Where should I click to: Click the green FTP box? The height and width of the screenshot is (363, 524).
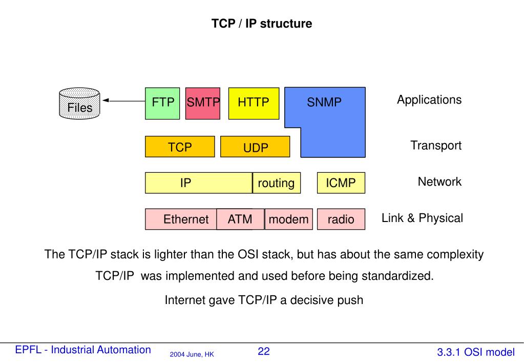(x=162, y=103)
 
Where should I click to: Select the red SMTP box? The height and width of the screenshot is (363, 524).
(x=203, y=103)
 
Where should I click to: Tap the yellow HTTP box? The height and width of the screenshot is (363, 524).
(x=253, y=103)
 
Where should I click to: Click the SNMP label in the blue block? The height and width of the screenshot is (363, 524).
(x=324, y=103)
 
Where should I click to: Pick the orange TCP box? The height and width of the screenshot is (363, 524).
(x=180, y=147)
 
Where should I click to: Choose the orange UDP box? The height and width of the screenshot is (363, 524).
(x=256, y=148)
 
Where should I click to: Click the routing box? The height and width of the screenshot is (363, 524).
(x=276, y=183)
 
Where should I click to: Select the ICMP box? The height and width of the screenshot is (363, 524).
(x=341, y=183)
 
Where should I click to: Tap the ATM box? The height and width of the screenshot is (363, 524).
(x=240, y=219)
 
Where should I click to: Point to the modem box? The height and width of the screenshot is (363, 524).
(x=289, y=219)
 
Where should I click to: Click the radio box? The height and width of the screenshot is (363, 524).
(x=341, y=219)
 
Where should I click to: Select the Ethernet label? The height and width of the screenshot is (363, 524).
(x=186, y=220)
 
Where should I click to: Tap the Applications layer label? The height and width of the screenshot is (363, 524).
(x=429, y=100)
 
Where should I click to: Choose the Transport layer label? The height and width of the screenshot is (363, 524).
(x=435, y=146)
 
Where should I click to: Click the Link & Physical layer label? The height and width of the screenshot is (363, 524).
(x=422, y=218)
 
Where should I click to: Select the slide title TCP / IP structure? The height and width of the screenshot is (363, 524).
(x=262, y=24)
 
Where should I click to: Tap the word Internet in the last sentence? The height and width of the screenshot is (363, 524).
(x=185, y=300)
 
